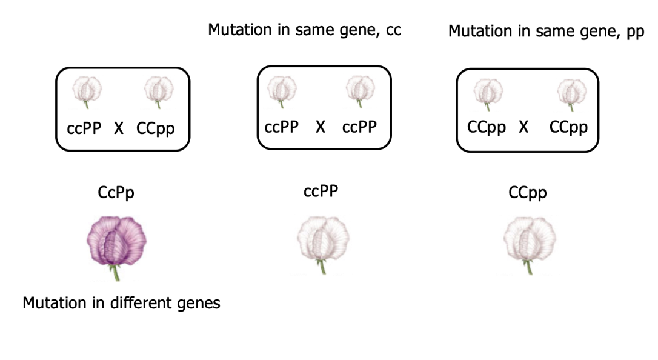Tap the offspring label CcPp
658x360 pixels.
116,193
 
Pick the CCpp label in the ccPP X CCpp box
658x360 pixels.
156,129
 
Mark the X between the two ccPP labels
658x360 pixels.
321,127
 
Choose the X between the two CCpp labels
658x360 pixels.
524,128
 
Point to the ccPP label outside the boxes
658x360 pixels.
321,192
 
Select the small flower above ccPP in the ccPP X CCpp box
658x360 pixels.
88,90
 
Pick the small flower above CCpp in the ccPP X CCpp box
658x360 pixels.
159,90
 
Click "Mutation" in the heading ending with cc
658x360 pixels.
237,30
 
